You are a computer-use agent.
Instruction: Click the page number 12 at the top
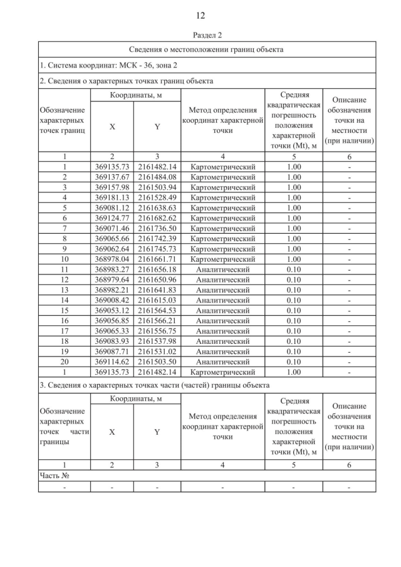point(200,15)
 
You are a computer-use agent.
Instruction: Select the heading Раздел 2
point(200,35)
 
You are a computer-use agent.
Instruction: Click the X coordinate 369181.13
point(112,197)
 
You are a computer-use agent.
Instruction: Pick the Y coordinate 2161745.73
point(157,248)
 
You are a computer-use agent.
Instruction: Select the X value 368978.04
point(112,259)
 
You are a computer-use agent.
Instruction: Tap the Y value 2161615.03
point(157,299)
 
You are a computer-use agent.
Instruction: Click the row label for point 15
point(65,310)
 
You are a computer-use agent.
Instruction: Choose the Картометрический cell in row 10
point(222,259)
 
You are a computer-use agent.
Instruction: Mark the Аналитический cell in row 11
point(222,269)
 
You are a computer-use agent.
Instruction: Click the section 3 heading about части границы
point(154,384)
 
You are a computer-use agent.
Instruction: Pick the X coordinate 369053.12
point(112,310)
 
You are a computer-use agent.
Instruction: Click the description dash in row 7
point(349,228)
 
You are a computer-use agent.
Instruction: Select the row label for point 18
point(65,340)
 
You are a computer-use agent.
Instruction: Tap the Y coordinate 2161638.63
point(157,207)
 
